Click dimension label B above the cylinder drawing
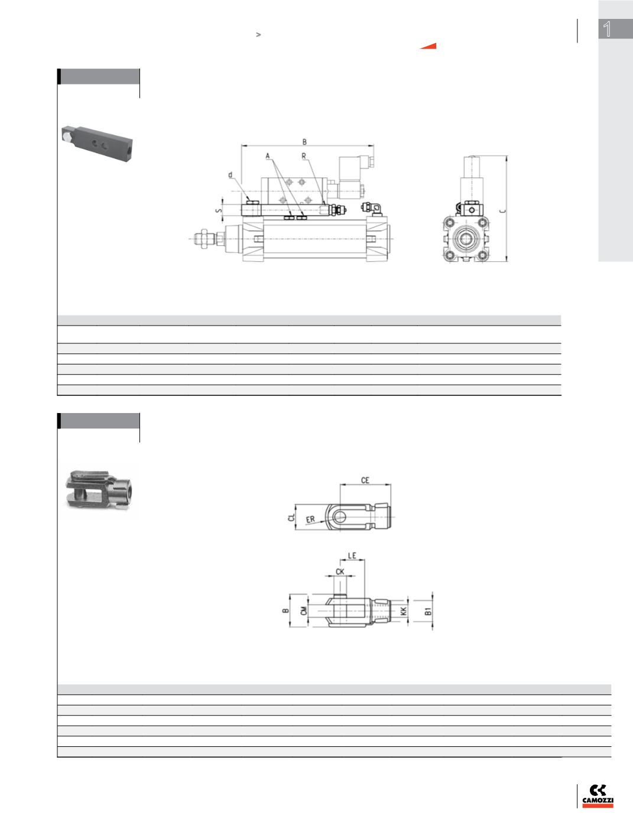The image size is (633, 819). (x=304, y=142)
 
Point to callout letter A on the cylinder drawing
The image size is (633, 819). (x=268, y=156)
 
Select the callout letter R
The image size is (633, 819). (x=304, y=156)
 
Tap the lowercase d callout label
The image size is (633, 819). (x=231, y=175)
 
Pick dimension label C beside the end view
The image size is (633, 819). (x=502, y=211)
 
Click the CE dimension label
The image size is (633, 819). (x=365, y=480)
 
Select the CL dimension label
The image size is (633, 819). (x=291, y=518)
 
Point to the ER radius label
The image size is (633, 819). (x=310, y=519)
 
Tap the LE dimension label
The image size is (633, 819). (x=352, y=555)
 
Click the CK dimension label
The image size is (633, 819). (x=340, y=572)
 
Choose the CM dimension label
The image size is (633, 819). (x=304, y=610)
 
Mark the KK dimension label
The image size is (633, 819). (x=404, y=611)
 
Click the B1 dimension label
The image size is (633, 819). (x=428, y=611)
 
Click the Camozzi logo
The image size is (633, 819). (x=598, y=796)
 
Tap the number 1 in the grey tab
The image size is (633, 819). (x=607, y=29)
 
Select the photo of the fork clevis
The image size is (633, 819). (x=99, y=490)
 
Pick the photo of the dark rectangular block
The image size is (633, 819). (x=98, y=144)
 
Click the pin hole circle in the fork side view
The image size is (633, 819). (x=339, y=517)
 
